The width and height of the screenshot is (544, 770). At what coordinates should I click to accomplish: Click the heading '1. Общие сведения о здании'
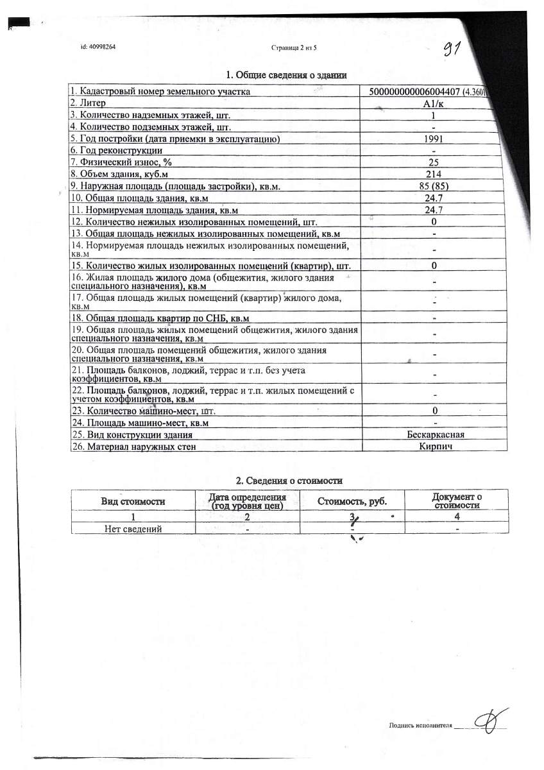pyautogui.click(x=287, y=76)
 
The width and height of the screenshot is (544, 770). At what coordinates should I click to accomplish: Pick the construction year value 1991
pyautogui.click(x=434, y=139)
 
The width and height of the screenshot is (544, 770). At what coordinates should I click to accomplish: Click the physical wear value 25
pyautogui.click(x=434, y=162)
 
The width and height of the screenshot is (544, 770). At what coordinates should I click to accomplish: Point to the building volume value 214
pyautogui.click(x=434, y=174)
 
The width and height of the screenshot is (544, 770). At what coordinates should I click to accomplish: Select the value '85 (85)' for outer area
pyautogui.click(x=434, y=186)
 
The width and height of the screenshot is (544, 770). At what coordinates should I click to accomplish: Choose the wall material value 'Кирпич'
pyautogui.click(x=434, y=446)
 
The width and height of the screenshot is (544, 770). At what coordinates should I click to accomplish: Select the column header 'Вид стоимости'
pyautogui.click(x=133, y=501)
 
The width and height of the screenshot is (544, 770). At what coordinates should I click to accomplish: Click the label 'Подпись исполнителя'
pyautogui.click(x=421, y=726)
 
